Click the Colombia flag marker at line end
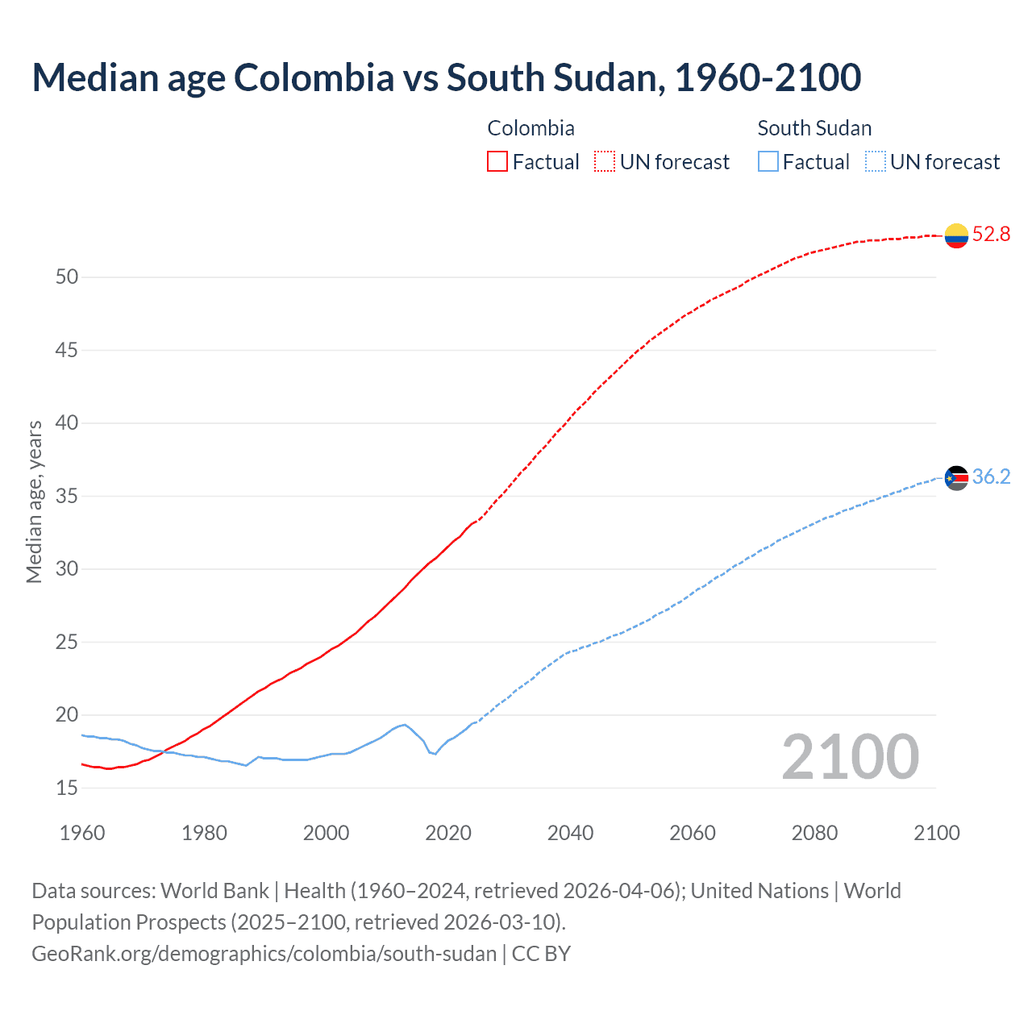pos(956,235)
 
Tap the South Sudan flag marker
pos(956,478)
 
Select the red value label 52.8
pos(991,235)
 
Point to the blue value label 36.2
pos(991,477)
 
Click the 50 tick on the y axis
pos(67,277)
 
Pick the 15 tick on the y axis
pos(67,788)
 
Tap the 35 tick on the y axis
pos(67,496)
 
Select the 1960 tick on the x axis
pos(82,833)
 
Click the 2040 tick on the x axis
pos(570,833)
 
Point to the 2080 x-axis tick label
pos(814,833)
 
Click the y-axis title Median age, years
pos(34,501)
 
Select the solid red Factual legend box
pos(497,162)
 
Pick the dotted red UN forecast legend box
pos(605,162)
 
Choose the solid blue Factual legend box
pos(768,162)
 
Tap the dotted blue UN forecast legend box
pos(875,162)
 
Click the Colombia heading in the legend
pos(531,128)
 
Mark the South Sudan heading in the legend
pos(814,128)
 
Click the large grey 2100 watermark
pos(850,757)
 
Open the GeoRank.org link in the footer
pos(264,954)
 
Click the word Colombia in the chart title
pos(314,77)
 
